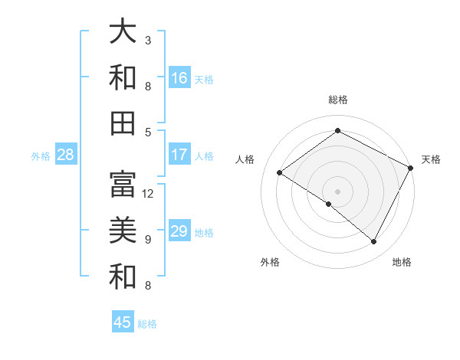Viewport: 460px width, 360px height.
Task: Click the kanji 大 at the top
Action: coord(123,31)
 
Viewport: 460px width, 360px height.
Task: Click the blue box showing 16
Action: coord(179,78)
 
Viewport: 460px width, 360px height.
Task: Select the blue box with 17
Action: coord(179,155)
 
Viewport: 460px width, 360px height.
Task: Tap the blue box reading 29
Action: coord(179,231)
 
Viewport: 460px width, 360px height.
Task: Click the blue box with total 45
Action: coord(123,322)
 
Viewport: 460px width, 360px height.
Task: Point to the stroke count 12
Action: coord(149,194)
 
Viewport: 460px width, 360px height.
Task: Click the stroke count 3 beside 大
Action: coord(148,40)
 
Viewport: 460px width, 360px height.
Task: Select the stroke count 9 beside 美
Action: coord(148,239)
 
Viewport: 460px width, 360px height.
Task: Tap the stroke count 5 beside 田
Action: coord(148,132)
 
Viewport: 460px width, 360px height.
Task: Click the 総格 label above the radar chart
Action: coord(337,100)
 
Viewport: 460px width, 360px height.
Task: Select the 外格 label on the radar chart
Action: coord(270,262)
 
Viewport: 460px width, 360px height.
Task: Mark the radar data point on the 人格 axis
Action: coord(280,172)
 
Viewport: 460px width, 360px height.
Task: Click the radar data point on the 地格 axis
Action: coord(374,241)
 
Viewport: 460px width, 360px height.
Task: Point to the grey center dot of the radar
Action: coord(337,191)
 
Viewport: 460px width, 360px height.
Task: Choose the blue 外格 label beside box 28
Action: coord(41,156)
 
